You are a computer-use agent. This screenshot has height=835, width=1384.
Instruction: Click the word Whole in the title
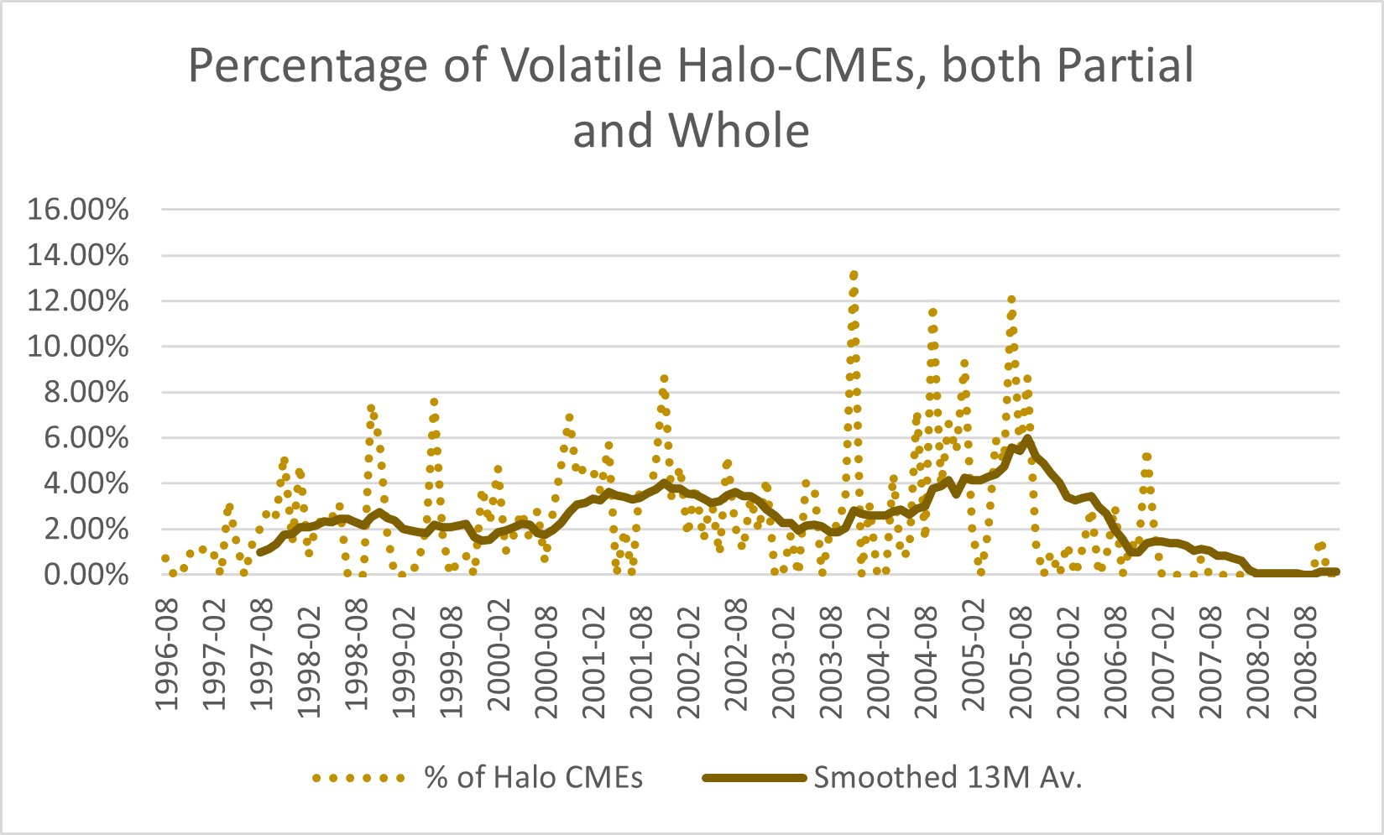tap(739, 131)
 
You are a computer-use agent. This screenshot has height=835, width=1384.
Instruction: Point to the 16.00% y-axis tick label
tap(78, 209)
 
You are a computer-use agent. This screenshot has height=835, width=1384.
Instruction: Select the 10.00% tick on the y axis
tap(78, 347)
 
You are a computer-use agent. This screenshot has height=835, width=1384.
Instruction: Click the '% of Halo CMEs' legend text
tap(534, 777)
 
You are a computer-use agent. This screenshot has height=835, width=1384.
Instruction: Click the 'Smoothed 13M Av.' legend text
tap(948, 777)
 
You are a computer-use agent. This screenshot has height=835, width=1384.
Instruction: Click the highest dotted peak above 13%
tap(854, 275)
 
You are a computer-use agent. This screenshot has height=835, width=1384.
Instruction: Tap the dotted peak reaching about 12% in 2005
tap(1011, 300)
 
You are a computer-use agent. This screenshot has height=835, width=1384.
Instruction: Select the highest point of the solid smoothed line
tap(1027, 438)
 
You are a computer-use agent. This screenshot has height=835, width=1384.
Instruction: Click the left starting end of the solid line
tap(260, 552)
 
